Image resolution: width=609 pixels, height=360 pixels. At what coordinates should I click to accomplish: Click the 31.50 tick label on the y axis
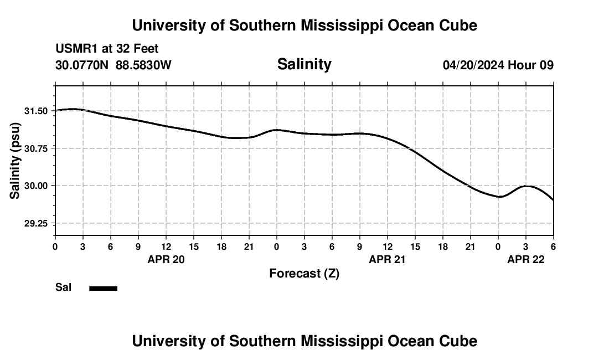[x=36, y=111]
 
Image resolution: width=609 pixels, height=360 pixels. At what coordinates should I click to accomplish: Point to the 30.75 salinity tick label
[x=36, y=148]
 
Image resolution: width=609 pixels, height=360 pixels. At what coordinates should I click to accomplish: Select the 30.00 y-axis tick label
[x=36, y=186]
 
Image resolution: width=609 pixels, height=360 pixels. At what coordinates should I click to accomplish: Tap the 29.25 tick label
[x=36, y=223]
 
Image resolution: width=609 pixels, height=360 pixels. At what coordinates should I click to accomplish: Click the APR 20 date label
[x=166, y=259]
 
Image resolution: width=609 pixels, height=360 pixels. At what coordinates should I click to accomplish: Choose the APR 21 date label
[x=388, y=259]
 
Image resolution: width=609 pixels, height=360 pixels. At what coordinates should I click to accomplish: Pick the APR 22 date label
[x=526, y=259]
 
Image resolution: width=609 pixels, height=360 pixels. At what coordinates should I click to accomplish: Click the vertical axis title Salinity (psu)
[x=15, y=161]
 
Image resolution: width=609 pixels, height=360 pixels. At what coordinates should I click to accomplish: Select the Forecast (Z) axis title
[x=304, y=274]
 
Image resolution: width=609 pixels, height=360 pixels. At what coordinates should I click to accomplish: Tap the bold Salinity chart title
[x=304, y=64]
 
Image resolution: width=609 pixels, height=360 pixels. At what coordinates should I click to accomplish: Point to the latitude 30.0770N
[x=82, y=65]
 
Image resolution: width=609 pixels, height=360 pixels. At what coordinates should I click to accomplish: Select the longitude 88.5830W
[x=143, y=65]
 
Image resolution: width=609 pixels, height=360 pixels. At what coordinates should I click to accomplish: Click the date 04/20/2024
[x=473, y=65]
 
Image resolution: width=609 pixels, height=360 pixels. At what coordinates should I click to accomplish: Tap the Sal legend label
[x=63, y=287]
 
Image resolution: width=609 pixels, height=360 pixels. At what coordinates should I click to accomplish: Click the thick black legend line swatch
[x=103, y=288]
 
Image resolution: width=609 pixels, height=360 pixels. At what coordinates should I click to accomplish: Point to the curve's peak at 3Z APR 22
[x=527, y=186]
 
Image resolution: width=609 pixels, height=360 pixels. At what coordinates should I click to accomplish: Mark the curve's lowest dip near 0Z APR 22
[x=500, y=197]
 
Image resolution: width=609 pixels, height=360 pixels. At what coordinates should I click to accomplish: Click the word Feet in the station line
[x=146, y=49]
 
